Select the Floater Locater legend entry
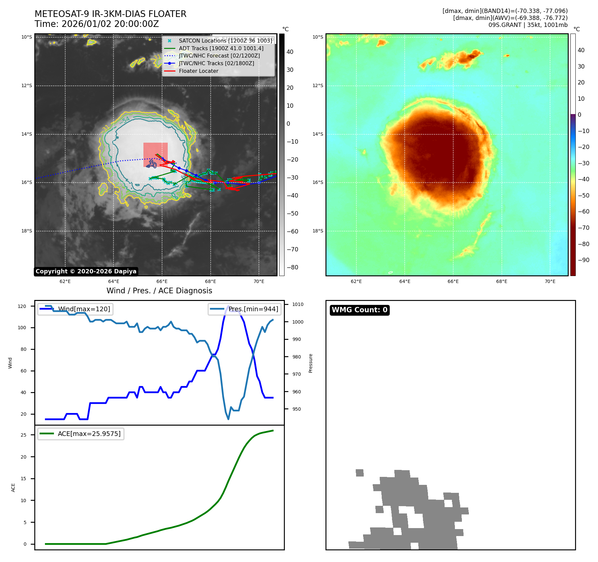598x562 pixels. [x=198, y=71]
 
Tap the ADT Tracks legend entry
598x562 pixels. [x=221, y=48]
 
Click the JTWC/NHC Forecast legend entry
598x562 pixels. [x=219, y=56]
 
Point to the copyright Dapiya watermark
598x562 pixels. [x=86, y=271]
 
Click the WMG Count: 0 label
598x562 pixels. [x=359, y=310]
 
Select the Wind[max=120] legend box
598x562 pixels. [x=76, y=309]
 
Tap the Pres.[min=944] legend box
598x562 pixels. [x=245, y=309]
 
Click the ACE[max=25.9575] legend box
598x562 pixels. [x=81, y=434]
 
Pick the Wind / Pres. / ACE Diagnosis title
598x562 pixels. [x=159, y=291]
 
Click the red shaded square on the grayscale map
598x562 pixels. [x=155, y=155]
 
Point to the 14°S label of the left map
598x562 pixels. [x=27, y=134]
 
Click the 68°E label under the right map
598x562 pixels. [x=501, y=281]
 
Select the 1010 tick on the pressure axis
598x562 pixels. [x=298, y=304]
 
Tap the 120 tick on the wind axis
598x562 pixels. [x=22, y=306]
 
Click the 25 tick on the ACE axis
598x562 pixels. [x=23, y=435]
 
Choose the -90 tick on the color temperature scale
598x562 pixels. [x=584, y=260]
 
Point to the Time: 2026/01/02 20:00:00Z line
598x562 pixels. [x=97, y=24]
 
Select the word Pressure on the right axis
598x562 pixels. [x=310, y=363]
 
